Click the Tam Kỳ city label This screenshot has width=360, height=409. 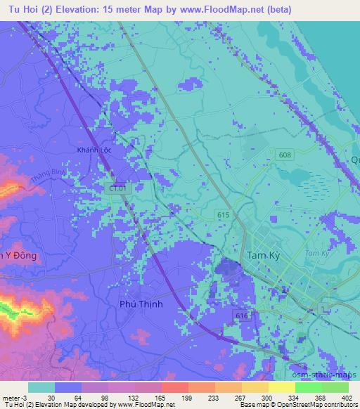[264, 257]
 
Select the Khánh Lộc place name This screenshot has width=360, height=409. [94, 150]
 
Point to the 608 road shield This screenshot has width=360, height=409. [283, 155]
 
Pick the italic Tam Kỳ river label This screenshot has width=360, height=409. [318, 252]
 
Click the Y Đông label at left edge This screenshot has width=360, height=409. [18, 254]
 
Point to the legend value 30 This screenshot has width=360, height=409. [51, 397]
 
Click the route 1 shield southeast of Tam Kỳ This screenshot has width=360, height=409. [283, 290]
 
